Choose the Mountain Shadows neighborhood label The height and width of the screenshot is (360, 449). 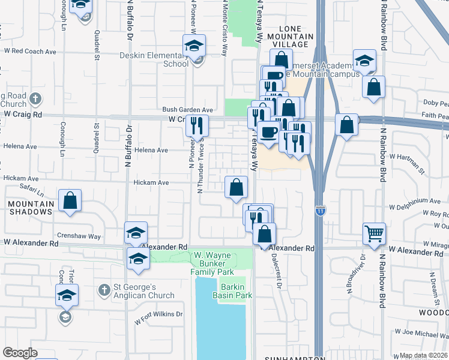coord(31,208)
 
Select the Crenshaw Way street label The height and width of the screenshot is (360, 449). coord(79,236)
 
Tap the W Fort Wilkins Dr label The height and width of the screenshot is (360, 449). coord(159,317)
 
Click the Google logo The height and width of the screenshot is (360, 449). coord(20,353)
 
